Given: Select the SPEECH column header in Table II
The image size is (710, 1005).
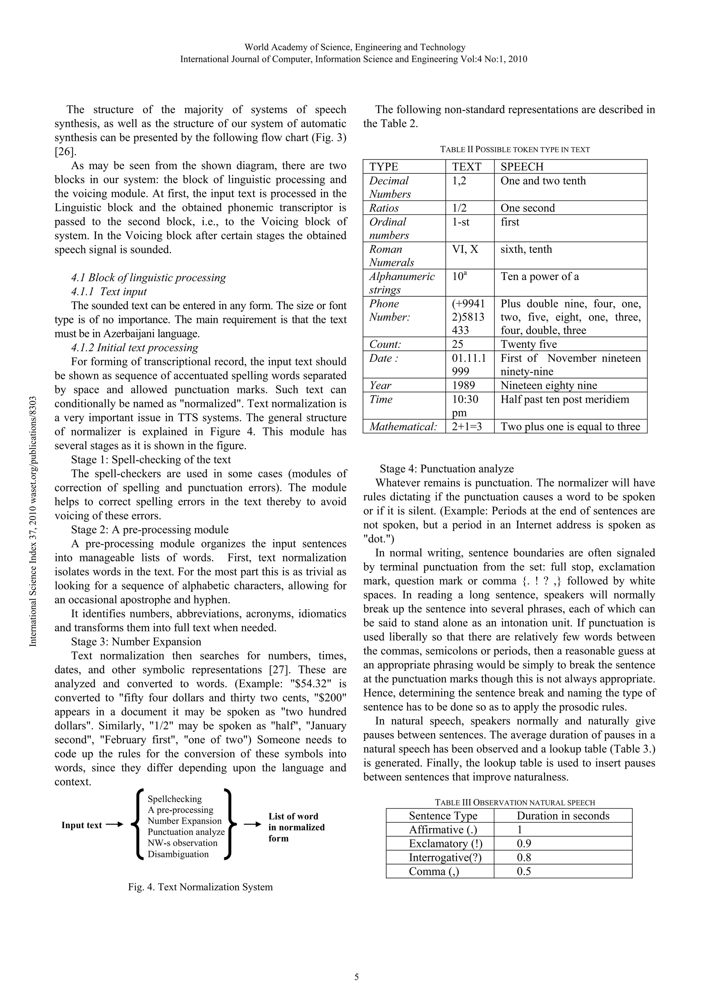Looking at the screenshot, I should pyautogui.click(x=522, y=167).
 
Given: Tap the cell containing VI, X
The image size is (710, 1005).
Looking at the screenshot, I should pyautogui.click(x=465, y=249).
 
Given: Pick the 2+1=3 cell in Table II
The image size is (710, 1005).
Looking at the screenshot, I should pyautogui.click(x=467, y=426).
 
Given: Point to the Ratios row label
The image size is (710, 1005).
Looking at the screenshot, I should pyautogui.click(x=384, y=208).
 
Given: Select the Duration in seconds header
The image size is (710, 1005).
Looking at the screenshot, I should pyautogui.click(x=563, y=816).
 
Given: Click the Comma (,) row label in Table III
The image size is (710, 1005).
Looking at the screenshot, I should pyautogui.click(x=434, y=871).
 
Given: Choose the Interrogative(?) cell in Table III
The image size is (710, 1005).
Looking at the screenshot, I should pyautogui.click(x=445, y=857).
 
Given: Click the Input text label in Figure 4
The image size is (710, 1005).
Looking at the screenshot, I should pyautogui.click(x=81, y=825).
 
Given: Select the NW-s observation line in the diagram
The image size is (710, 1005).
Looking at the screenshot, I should pyautogui.click(x=182, y=843).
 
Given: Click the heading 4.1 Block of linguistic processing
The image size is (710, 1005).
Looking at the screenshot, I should pyautogui.click(x=148, y=278).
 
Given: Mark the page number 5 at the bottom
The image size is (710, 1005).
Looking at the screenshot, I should pyautogui.click(x=356, y=977).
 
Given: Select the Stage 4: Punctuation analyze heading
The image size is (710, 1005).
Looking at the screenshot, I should pyautogui.click(x=446, y=469).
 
